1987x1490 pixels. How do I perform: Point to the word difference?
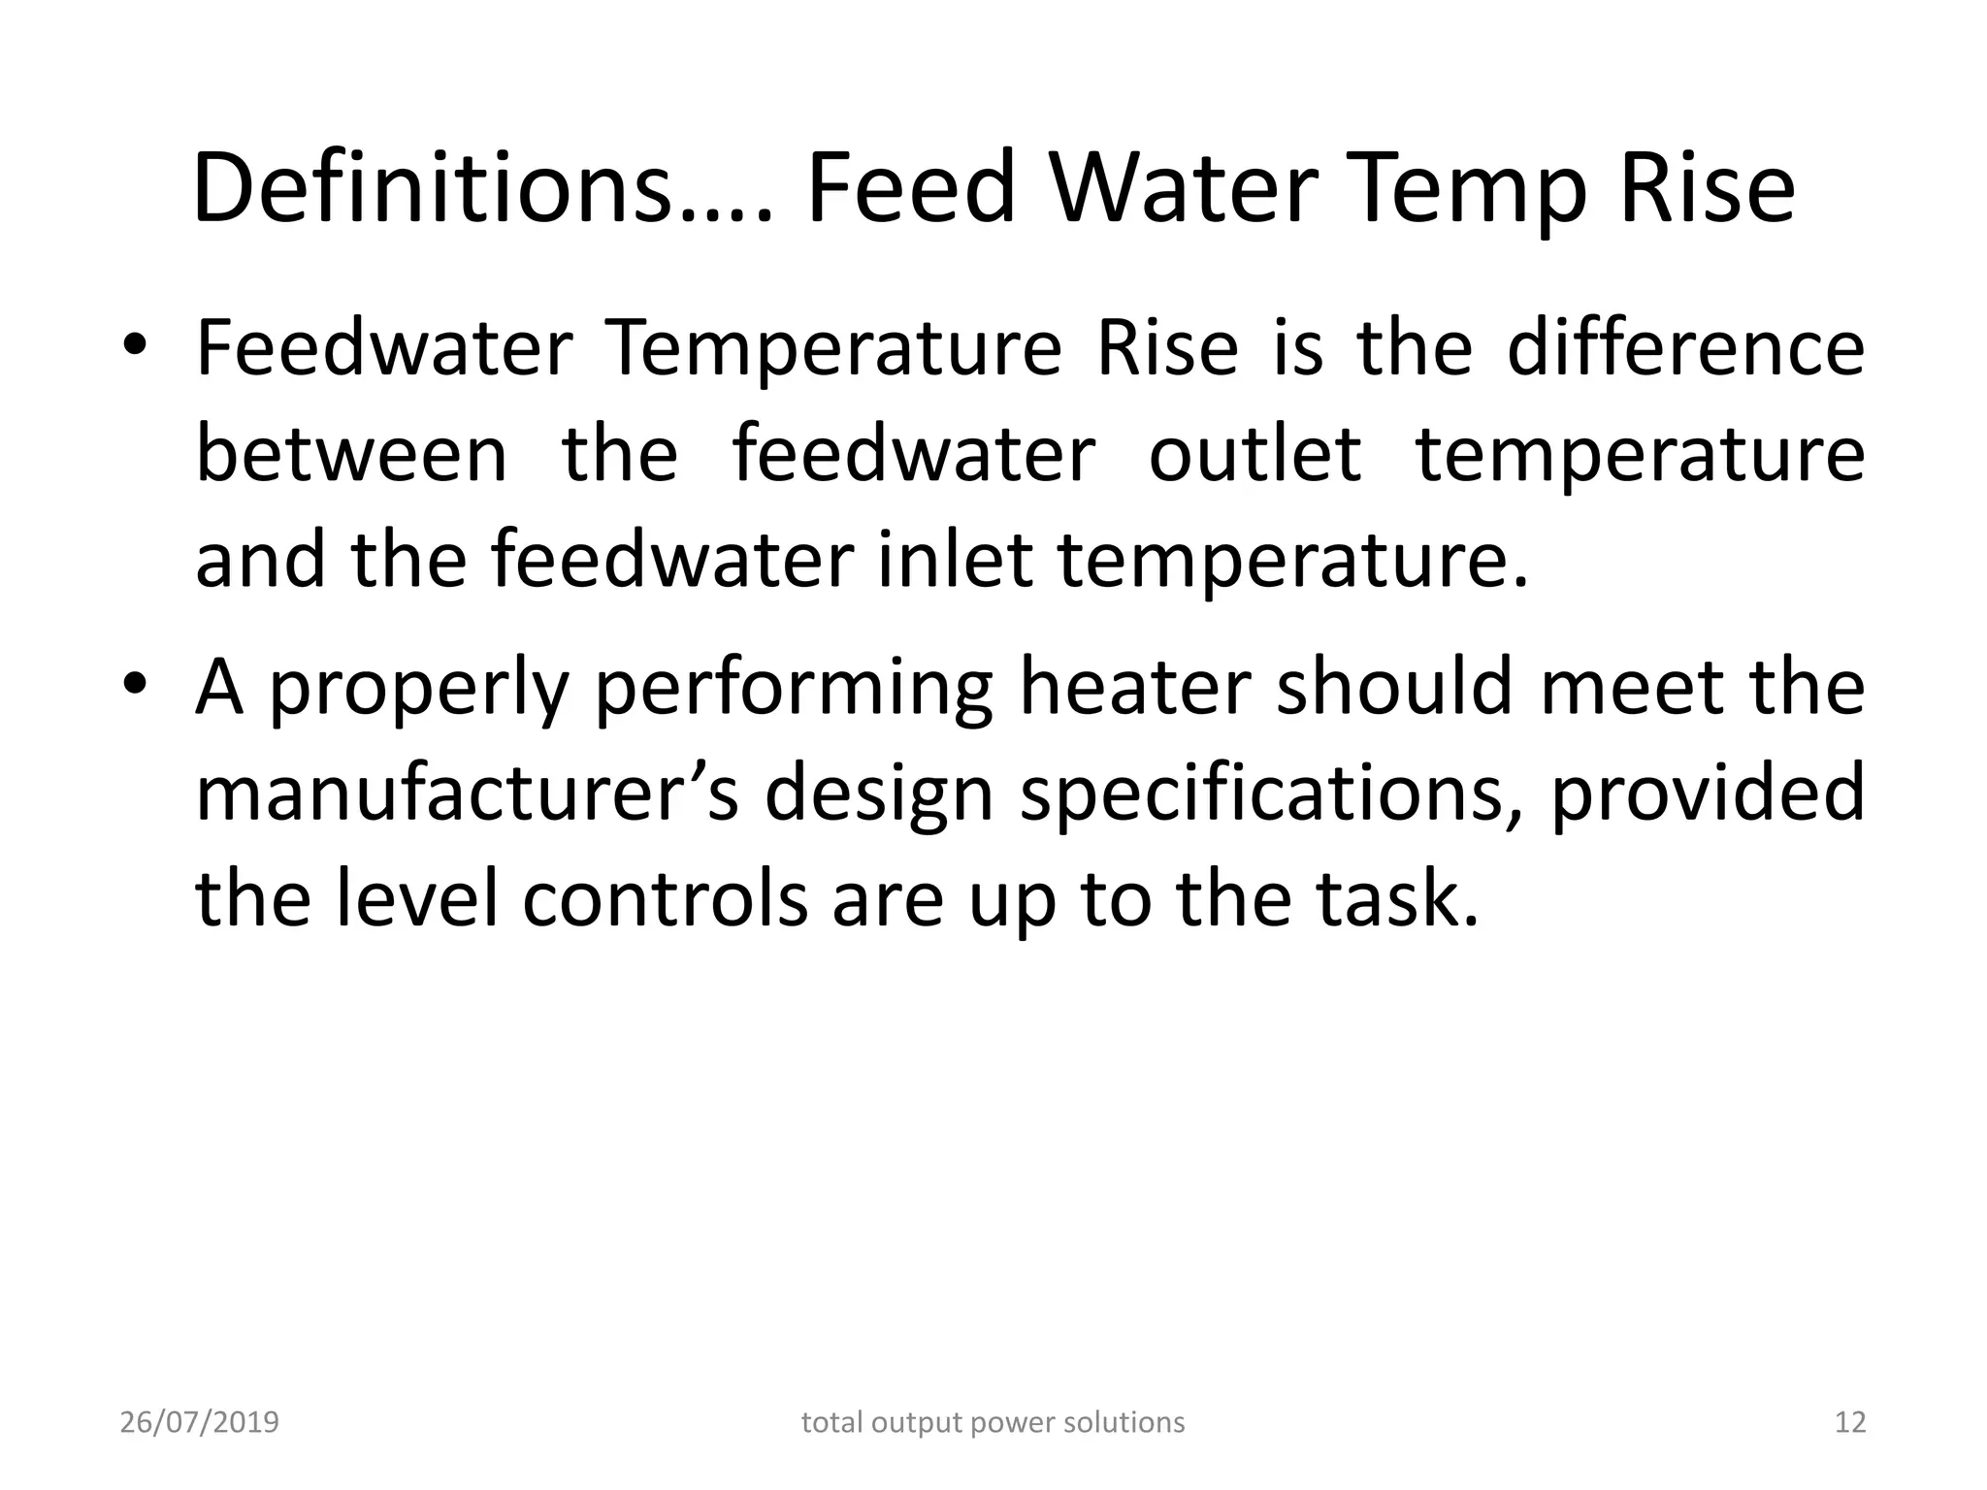tap(1685, 348)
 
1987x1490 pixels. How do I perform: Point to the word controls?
tap(666, 898)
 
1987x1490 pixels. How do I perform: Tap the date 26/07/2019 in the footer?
tap(199, 1422)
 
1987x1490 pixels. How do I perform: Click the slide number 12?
tap(1850, 1422)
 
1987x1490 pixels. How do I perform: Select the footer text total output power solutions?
tap(993, 1422)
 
